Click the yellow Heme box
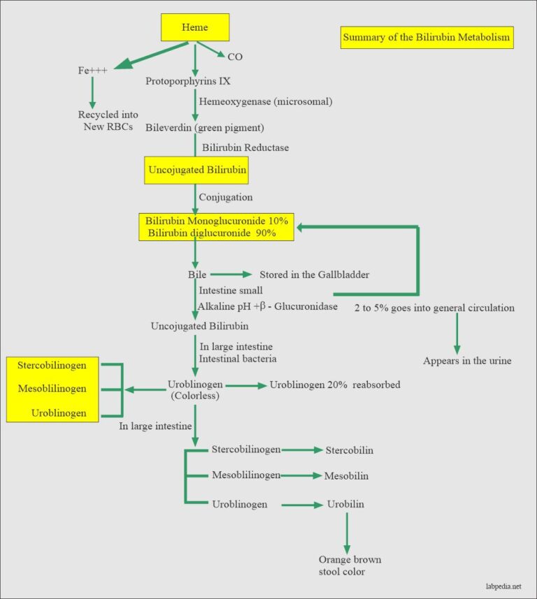click(x=195, y=28)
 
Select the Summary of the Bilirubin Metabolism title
click(x=427, y=37)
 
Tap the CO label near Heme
click(x=236, y=55)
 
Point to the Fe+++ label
click(x=92, y=71)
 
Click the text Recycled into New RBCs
click(x=108, y=120)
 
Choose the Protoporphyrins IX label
click(x=188, y=81)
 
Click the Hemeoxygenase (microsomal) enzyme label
click(x=265, y=101)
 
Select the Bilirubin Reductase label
click(x=245, y=147)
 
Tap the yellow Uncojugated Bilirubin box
click(x=196, y=169)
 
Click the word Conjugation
click(x=225, y=197)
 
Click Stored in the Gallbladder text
click(x=315, y=274)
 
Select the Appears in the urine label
click(x=467, y=361)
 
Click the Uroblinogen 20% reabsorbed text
click(x=335, y=384)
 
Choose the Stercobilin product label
click(x=349, y=450)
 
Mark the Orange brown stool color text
click(x=350, y=565)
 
